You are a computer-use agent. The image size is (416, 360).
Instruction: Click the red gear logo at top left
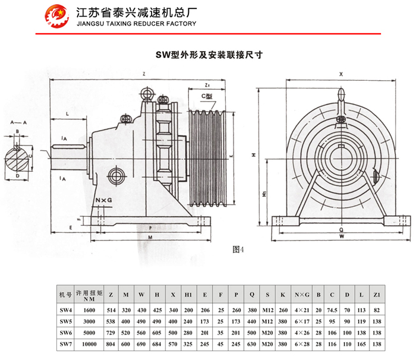[58, 17]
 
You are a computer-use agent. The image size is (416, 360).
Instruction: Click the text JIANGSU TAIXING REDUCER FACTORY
[136, 24]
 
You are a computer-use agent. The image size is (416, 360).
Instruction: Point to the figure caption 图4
[238, 250]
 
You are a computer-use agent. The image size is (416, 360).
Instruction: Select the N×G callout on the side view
[103, 201]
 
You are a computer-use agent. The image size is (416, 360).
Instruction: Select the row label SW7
[65, 343]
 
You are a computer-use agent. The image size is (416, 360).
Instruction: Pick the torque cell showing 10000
[89, 343]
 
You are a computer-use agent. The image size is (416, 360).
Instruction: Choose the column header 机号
[65, 295]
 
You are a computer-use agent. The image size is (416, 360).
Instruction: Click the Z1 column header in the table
[376, 295]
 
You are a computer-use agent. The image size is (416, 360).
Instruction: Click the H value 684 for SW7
[157, 343]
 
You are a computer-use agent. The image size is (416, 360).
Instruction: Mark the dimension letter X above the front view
[341, 75]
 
